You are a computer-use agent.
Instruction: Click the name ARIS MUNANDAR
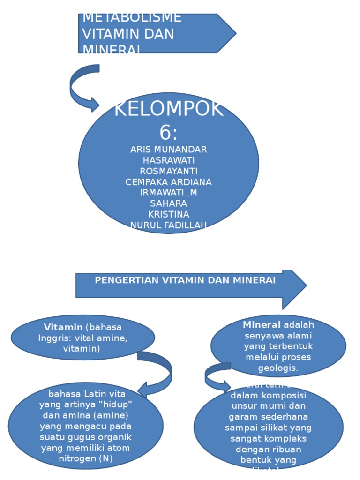coord(168,150)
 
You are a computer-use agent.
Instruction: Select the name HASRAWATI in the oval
coord(168,160)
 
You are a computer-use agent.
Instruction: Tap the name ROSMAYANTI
coord(168,171)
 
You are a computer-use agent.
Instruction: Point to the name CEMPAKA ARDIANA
coord(168,182)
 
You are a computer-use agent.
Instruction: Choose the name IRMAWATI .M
coord(168,193)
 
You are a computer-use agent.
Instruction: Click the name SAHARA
coord(168,203)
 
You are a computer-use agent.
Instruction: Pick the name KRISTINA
coord(168,214)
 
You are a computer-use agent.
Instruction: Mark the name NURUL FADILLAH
coord(168,225)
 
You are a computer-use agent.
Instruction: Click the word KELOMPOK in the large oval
coord(168,110)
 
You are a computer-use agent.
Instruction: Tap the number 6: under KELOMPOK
coord(168,133)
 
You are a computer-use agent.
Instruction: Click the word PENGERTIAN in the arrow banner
coord(127,280)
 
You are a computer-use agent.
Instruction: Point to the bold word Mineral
coord(262,325)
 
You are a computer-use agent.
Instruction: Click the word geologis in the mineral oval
coord(278,368)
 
